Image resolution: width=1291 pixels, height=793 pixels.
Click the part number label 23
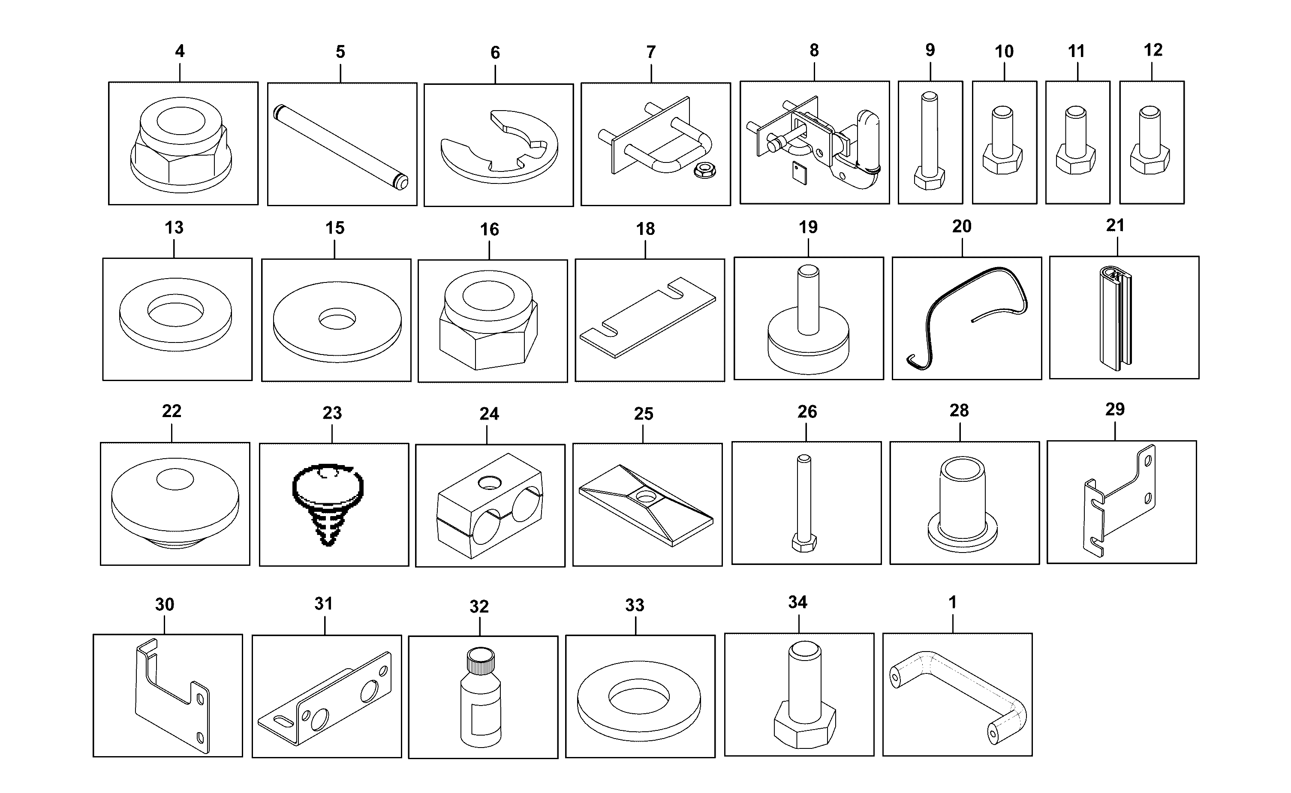point(332,413)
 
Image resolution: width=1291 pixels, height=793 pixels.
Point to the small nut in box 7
point(704,170)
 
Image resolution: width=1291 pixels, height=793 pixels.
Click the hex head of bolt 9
point(930,178)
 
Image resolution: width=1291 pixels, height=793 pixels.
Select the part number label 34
point(797,602)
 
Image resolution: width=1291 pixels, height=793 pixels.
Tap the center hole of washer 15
point(337,318)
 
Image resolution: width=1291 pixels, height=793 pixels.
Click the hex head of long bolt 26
point(803,543)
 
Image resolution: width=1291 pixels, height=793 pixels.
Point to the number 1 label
point(953,602)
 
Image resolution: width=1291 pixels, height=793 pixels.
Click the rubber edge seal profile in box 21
point(1116,318)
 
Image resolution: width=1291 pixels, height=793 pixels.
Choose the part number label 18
point(645,229)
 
